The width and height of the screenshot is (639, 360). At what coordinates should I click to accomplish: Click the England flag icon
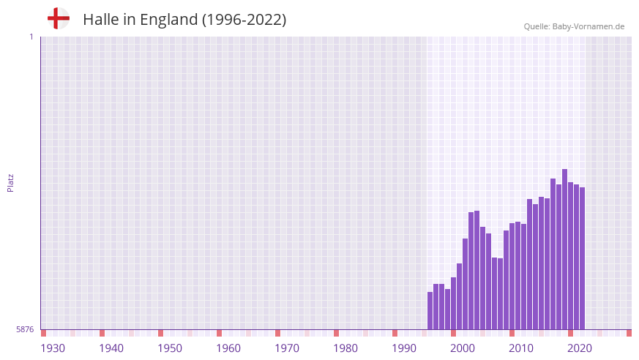(59, 18)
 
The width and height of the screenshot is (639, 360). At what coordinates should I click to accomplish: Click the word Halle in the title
(100, 20)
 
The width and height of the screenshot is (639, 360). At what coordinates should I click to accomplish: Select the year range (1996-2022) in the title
(244, 20)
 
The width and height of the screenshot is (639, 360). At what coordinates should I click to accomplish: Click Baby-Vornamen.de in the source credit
(589, 26)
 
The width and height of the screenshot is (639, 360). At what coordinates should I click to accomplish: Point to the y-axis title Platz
(10, 182)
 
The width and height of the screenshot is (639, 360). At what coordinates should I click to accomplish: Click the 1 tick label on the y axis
(31, 37)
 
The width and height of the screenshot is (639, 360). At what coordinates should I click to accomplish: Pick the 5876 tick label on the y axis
(25, 330)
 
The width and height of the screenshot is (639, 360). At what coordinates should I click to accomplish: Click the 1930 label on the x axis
(53, 348)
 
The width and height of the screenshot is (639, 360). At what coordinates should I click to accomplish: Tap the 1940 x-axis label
(111, 348)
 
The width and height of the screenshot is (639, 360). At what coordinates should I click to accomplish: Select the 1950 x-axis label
(170, 348)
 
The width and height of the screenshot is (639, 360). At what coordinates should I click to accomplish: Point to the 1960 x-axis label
(228, 348)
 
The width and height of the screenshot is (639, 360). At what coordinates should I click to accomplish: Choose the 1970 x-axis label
(287, 348)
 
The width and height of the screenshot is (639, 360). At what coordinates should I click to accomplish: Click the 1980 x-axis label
(345, 348)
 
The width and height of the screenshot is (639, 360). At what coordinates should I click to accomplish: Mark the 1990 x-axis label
(404, 348)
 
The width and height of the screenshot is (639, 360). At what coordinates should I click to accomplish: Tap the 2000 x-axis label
(463, 348)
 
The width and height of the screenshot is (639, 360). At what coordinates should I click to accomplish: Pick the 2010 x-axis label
(521, 348)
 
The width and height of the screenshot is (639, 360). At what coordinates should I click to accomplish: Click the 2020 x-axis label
(580, 348)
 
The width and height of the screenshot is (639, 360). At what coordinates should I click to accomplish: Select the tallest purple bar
(565, 249)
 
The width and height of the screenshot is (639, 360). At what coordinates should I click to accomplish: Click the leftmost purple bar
(430, 311)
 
